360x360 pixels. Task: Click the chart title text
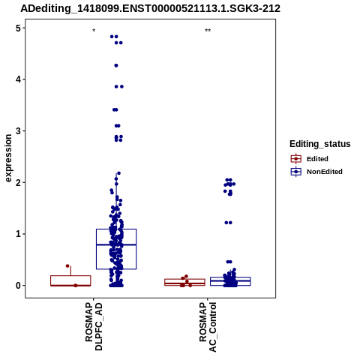coord(150,8)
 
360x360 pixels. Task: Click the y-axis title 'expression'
coord(8,158)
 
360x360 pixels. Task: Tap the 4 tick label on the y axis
coord(18,79)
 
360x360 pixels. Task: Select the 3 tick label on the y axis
coord(18,131)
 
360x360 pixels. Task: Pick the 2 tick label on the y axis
coord(18,182)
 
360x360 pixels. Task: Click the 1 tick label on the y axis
coord(18,234)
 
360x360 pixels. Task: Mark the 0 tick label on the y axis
coord(18,286)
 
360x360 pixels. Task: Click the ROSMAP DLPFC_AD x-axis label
coord(94,326)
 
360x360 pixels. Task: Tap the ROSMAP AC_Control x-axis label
coord(208,327)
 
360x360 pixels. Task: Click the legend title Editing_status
coord(320,144)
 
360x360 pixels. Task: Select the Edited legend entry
coord(309,159)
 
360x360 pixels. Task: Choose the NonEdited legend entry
coord(316,172)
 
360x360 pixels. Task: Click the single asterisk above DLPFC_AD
coord(94,31)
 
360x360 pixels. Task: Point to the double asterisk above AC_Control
coord(208,31)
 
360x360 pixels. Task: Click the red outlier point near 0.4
coord(67,266)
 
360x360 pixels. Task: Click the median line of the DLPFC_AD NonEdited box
coord(116,244)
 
